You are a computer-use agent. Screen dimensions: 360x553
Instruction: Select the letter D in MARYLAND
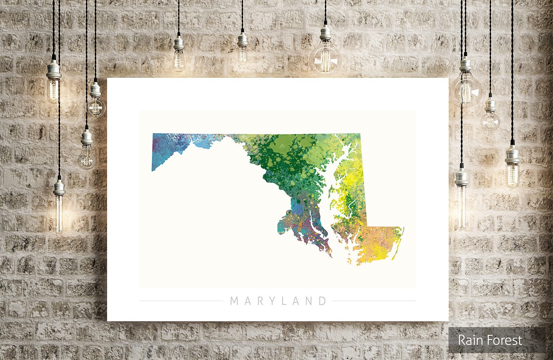(x=323, y=301)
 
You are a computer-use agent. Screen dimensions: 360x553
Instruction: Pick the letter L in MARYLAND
(x=284, y=301)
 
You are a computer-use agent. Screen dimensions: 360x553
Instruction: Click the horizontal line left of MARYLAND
(x=181, y=301)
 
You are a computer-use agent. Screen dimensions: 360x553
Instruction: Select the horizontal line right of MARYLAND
(x=374, y=301)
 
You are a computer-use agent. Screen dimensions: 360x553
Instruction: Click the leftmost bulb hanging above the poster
(x=179, y=59)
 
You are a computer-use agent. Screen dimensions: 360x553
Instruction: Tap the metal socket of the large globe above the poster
(x=325, y=33)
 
